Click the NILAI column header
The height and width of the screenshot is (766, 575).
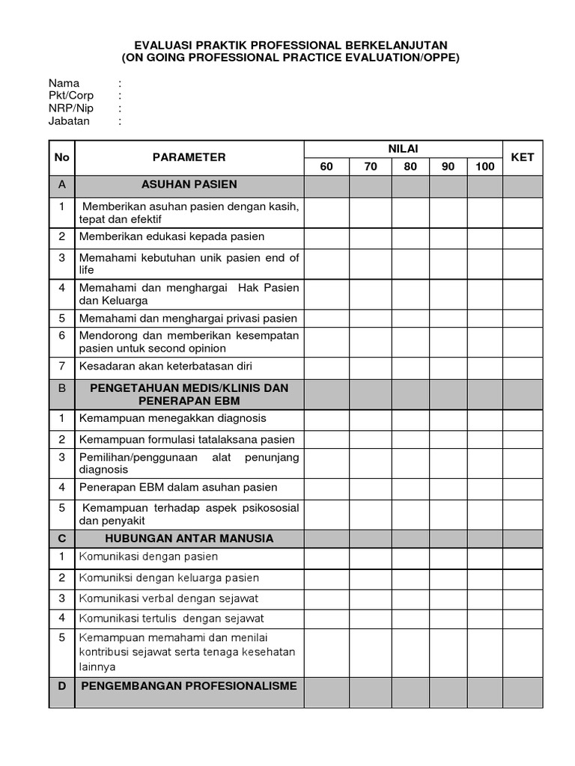403,149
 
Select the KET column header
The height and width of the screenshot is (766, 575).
522,157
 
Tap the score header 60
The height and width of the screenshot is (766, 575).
326,167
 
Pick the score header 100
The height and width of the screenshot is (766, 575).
484,167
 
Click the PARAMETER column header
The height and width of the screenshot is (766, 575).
189,157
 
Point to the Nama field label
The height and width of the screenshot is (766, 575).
64,83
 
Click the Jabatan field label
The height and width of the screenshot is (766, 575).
69,121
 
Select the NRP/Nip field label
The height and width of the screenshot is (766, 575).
71,108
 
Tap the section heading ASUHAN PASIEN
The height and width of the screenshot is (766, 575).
189,185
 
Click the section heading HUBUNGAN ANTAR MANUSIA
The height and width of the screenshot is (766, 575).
189,538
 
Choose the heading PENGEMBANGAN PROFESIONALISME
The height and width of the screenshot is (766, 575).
189,685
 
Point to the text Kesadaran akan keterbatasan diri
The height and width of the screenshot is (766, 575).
165,366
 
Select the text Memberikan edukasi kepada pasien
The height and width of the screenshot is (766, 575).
171,236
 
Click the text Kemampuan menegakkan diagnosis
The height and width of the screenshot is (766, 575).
172,418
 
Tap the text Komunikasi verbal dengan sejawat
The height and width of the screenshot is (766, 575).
168,598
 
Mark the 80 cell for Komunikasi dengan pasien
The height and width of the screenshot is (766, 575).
410,557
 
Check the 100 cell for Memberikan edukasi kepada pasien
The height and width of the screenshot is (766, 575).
484,237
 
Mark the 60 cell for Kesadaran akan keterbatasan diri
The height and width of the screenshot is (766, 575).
326,366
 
